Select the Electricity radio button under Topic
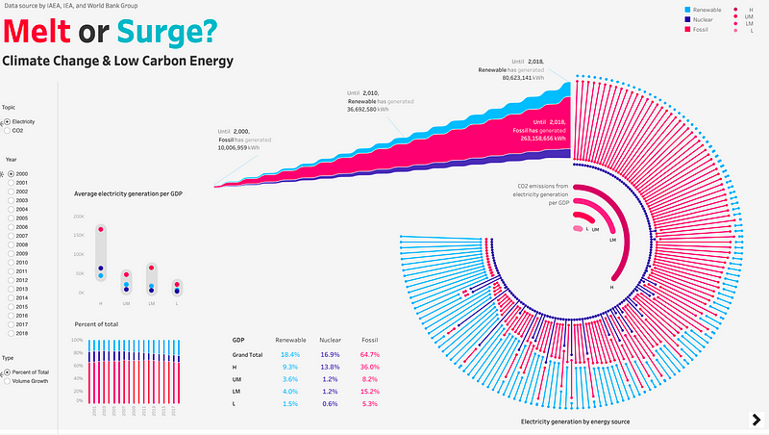pyautogui.click(x=8, y=122)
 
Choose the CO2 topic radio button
pyautogui.click(x=8, y=131)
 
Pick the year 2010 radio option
pyautogui.click(x=8, y=263)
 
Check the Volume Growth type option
pyautogui.click(x=8, y=381)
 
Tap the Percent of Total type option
pyautogui.click(x=8, y=371)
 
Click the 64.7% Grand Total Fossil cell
pyautogui.click(x=370, y=355)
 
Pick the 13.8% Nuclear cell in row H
pyautogui.click(x=330, y=368)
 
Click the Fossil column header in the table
pyautogui.click(x=370, y=340)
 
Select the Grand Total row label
pyautogui.click(x=247, y=355)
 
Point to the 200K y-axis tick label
pyautogui.click(x=80, y=217)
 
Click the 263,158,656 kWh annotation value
pyautogui.click(x=540, y=138)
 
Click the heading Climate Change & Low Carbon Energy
pyautogui.click(x=117, y=62)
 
